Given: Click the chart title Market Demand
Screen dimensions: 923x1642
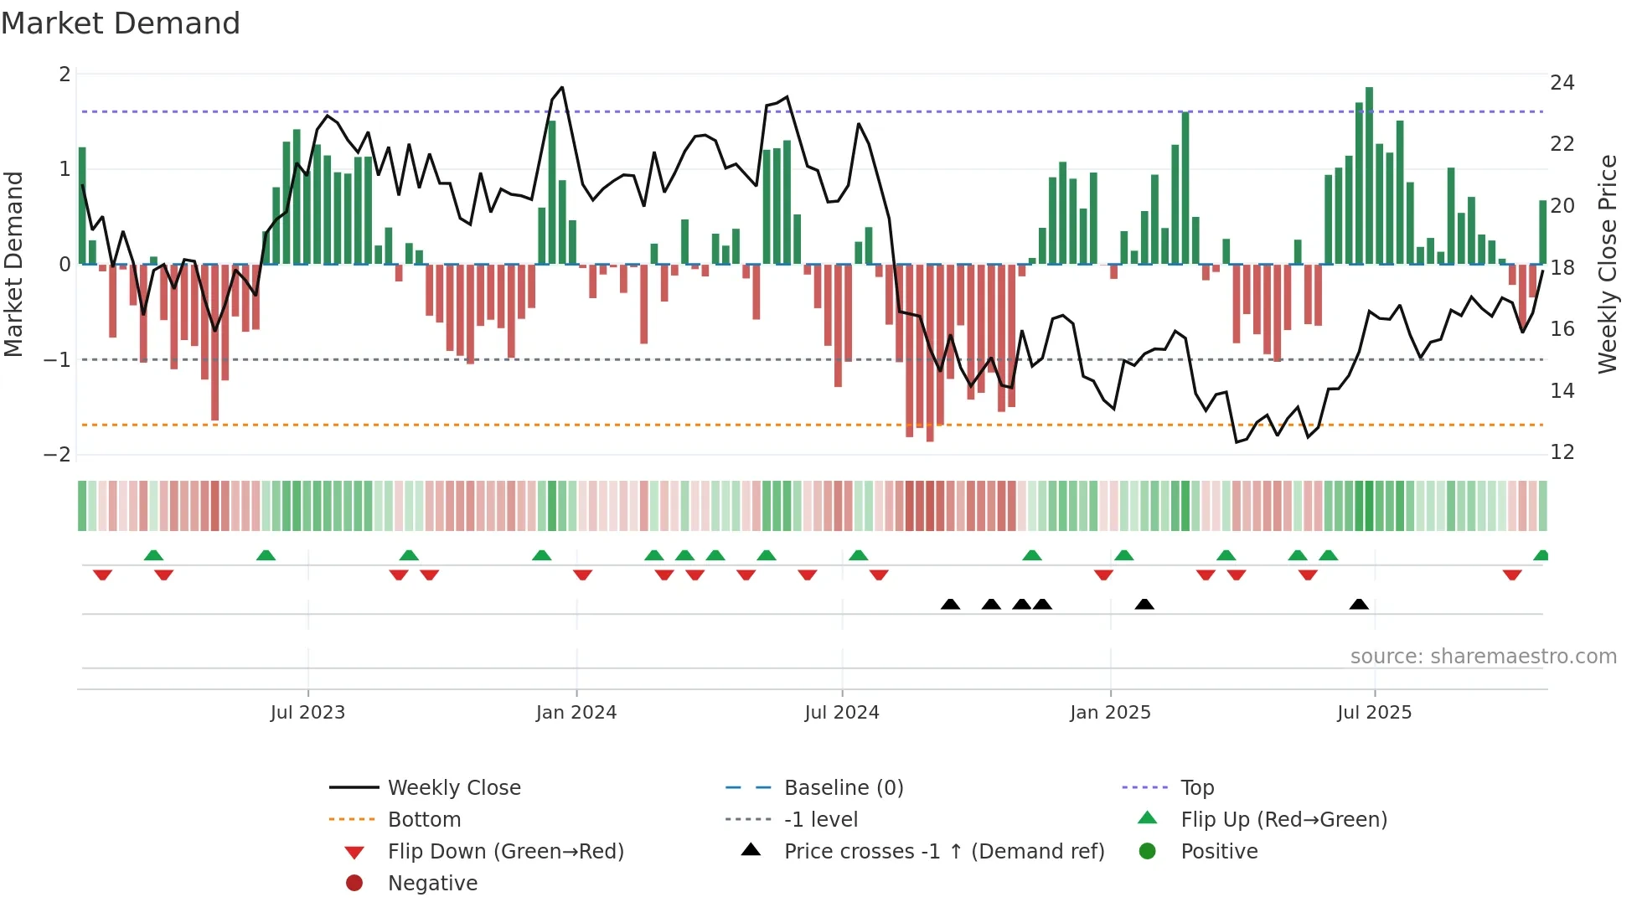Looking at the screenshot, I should click(121, 23).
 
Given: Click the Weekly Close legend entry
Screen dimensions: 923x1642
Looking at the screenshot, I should click(453, 787).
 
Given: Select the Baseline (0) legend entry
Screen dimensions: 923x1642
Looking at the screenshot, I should click(843, 787).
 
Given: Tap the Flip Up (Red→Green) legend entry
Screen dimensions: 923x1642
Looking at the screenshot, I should click(1283, 819).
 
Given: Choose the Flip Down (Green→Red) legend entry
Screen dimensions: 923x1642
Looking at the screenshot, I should click(505, 851).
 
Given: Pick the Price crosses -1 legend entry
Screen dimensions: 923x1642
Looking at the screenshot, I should click(943, 851).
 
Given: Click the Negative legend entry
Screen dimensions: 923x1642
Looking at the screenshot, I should click(432, 883).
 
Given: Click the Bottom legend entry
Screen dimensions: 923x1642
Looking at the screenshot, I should click(424, 819).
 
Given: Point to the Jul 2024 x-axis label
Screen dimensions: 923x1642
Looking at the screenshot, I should click(841, 712).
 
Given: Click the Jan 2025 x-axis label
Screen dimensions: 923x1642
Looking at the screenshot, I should click(1110, 712).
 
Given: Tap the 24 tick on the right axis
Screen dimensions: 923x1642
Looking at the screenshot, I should click(1562, 82).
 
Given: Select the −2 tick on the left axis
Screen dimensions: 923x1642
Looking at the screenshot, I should click(57, 454).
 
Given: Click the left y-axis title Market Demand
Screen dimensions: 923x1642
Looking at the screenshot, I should click(14, 264).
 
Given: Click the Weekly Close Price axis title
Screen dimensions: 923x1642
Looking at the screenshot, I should click(1607, 264).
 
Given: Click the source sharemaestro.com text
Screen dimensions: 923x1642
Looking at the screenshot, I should click(1483, 656).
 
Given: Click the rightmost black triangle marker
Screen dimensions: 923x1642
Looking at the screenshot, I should click(1359, 604).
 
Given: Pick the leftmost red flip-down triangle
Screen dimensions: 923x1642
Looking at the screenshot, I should click(102, 575).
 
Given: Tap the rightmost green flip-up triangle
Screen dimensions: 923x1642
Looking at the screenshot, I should click(1541, 555).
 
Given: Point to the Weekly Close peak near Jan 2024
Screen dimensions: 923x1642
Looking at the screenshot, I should click(561, 87).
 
